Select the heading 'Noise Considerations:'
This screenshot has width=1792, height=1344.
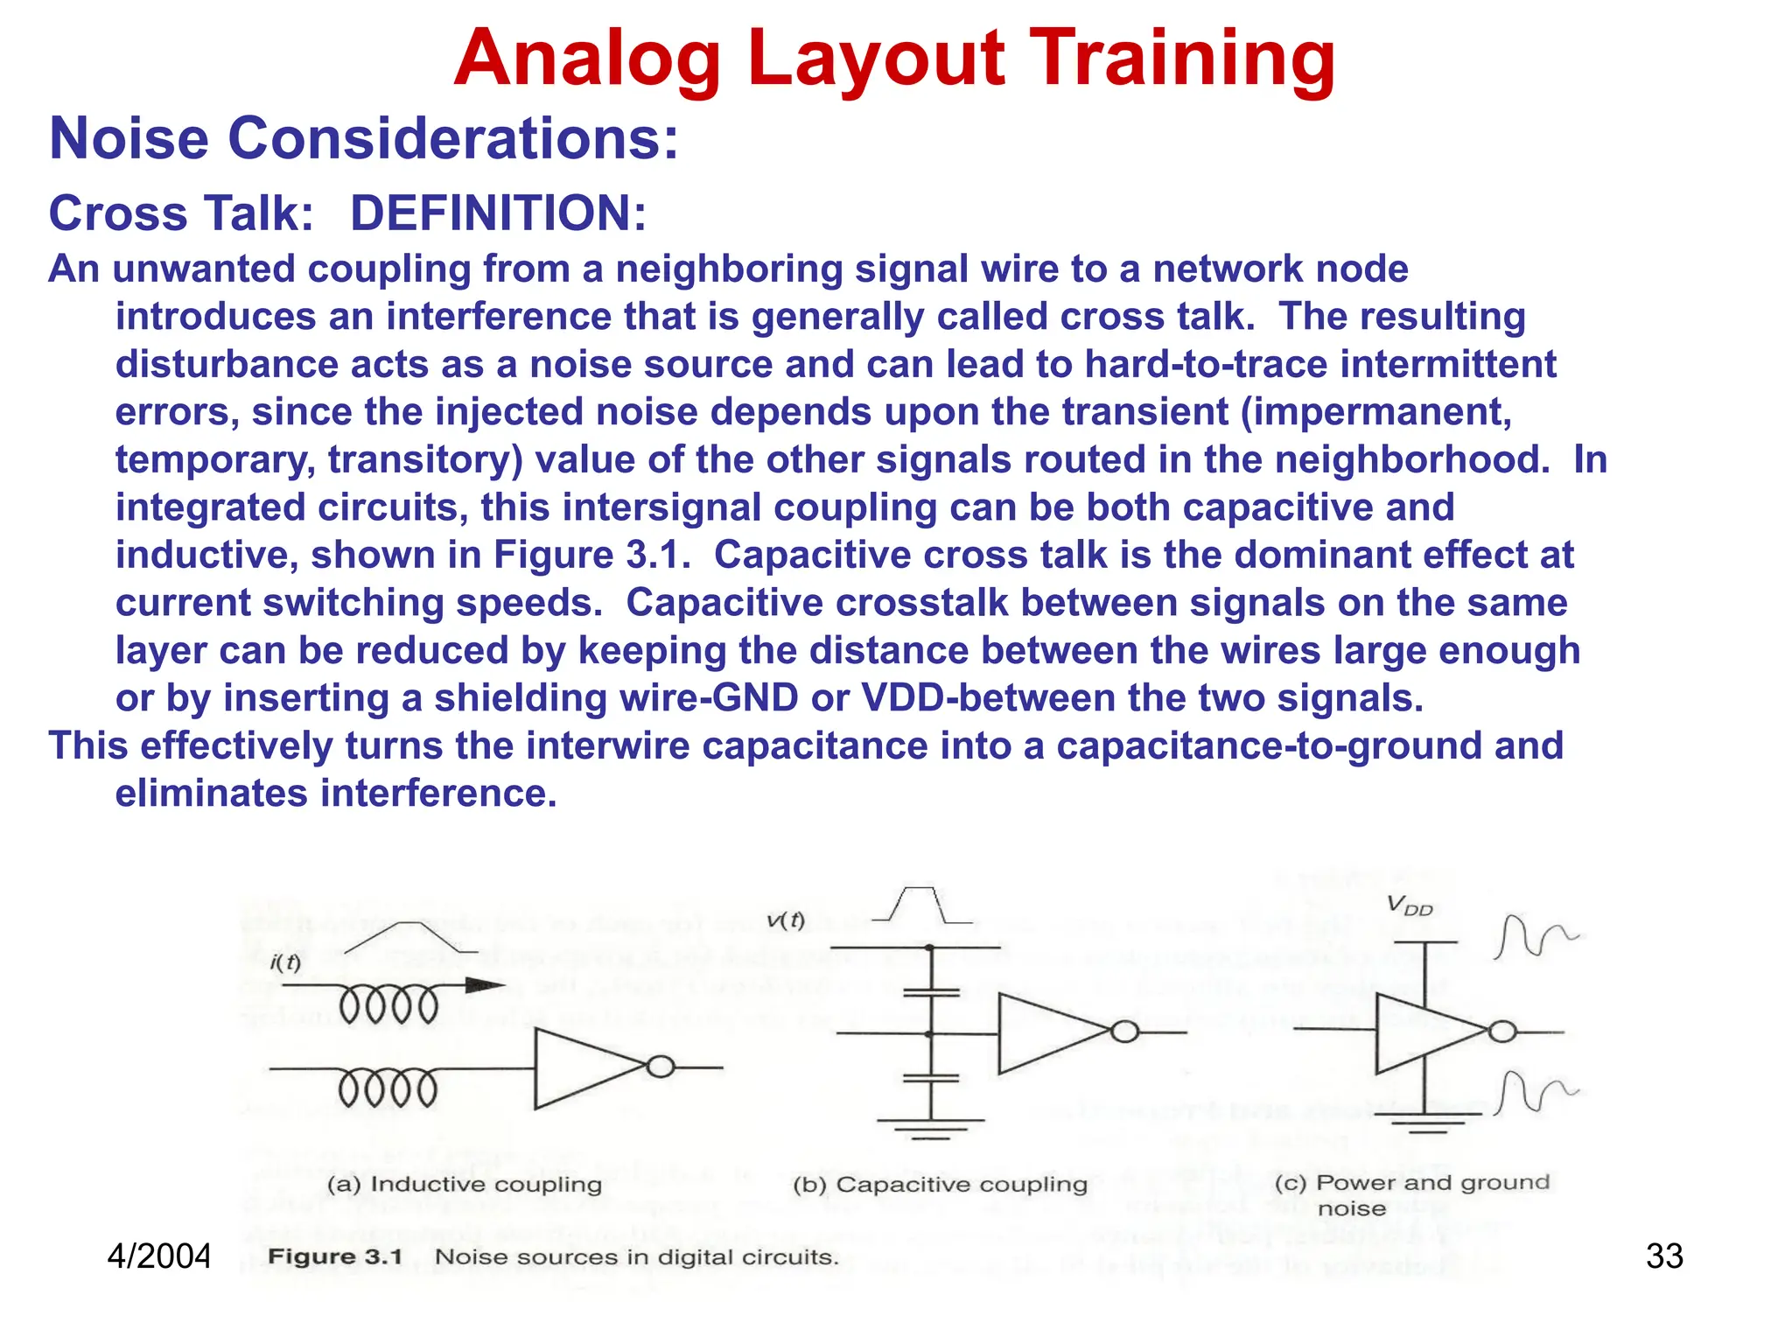pyautogui.click(x=364, y=138)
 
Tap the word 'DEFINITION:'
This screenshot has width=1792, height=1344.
pyautogui.click(x=498, y=213)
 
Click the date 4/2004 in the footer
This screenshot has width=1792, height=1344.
pyautogui.click(x=158, y=1256)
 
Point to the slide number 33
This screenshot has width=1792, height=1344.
pyautogui.click(x=1664, y=1256)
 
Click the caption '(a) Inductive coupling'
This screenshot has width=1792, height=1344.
pyautogui.click(x=465, y=1185)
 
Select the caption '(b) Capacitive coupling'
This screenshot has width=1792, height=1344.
pyautogui.click(x=940, y=1185)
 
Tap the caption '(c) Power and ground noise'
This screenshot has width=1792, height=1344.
pyautogui.click(x=1411, y=1194)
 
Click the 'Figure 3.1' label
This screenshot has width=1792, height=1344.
pyautogui.click(x=335, y=1257)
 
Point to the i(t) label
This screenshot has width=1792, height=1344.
pyautogui.click(x=285, y=963)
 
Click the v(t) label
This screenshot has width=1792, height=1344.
pyautogui.click(x=785, y=920)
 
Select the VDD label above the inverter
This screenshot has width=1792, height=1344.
pyautogui.click(x=1410, y=906)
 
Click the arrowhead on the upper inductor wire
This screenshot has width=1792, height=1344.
pyautogui.click(x=485, y=986)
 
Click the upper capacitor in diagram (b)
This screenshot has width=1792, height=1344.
pyautogui.click(x=930, y=993)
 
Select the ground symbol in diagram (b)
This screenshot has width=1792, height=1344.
pyautogui.click(x=930, y=1128)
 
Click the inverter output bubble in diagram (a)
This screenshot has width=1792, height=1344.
pyautogui.click(x=661, y=1067)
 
